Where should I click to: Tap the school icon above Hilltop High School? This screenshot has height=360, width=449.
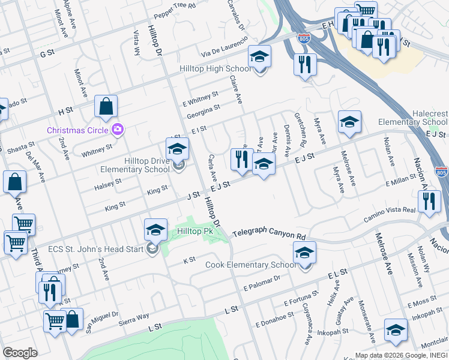260,56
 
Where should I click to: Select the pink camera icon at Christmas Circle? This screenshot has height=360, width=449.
118,129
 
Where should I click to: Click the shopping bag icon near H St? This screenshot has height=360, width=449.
106,107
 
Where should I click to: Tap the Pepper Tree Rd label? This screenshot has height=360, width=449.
176,6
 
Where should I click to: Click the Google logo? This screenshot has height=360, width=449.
20,352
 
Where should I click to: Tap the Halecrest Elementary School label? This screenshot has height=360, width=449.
421,118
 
